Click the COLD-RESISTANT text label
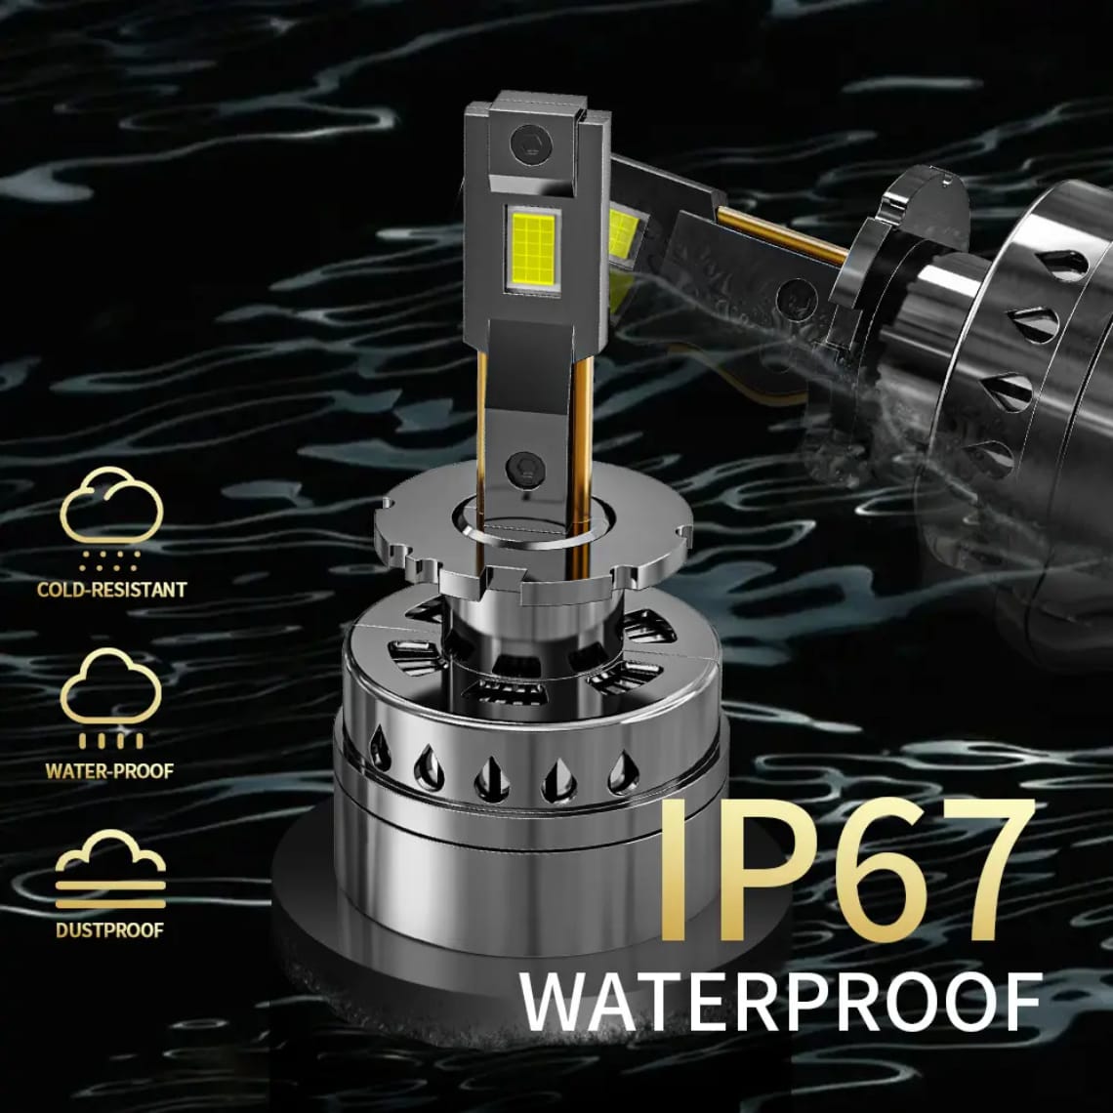tap(111, 590)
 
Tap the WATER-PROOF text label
tap(109, 771)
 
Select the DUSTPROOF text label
tap(109, 929)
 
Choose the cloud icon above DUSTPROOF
tap(110, 870)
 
